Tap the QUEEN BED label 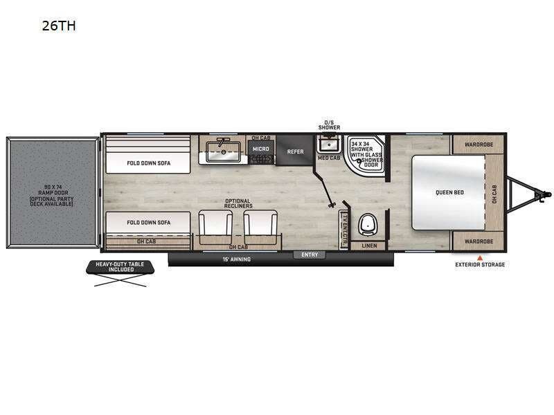click(x=449, y=192)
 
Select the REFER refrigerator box click(x=296, y=151)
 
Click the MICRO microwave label click(x=260, y=149)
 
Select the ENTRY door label click(x=310, y=255)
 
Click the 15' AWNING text click(x=236, y=259)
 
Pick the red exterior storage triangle click(x=479, y=257)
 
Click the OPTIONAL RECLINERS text click(x=238, y=203)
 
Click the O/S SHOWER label click(x=329, y=125)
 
